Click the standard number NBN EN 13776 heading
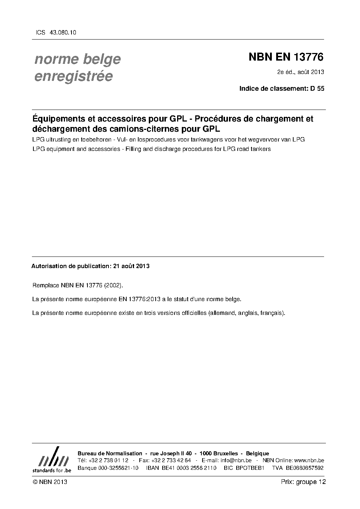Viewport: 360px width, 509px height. pos(286,57)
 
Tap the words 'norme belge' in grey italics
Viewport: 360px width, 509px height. pos(77,59)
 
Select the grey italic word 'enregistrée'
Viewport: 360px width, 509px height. pos(73,77)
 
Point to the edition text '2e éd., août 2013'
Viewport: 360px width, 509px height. pos(300,72)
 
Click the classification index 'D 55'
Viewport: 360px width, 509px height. pos(317,89)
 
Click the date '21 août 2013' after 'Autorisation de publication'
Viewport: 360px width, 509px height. pos(131,266)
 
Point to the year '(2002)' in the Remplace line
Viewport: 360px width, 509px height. pos(114,286)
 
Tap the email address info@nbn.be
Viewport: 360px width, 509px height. pos(236,460)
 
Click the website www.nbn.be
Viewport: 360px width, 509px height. pos(309,460)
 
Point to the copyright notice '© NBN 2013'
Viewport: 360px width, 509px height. pos(50,482)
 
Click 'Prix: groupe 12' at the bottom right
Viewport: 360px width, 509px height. pos(303,482)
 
